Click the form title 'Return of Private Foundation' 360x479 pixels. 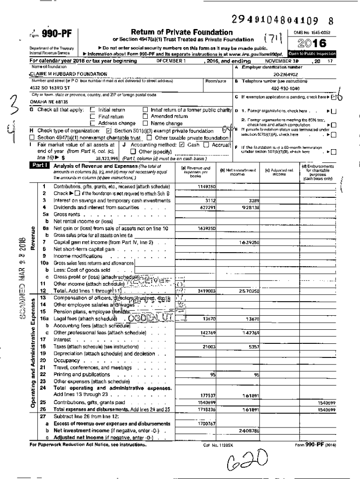pos(182,32)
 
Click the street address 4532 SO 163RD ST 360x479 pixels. pos(50,87)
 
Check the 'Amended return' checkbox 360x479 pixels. pos(145,116)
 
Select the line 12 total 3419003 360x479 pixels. pos(206,290)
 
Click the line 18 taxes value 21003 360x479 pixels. pos(209,347)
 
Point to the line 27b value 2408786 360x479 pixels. pos(248,430)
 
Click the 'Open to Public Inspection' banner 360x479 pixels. pos(312,54)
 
